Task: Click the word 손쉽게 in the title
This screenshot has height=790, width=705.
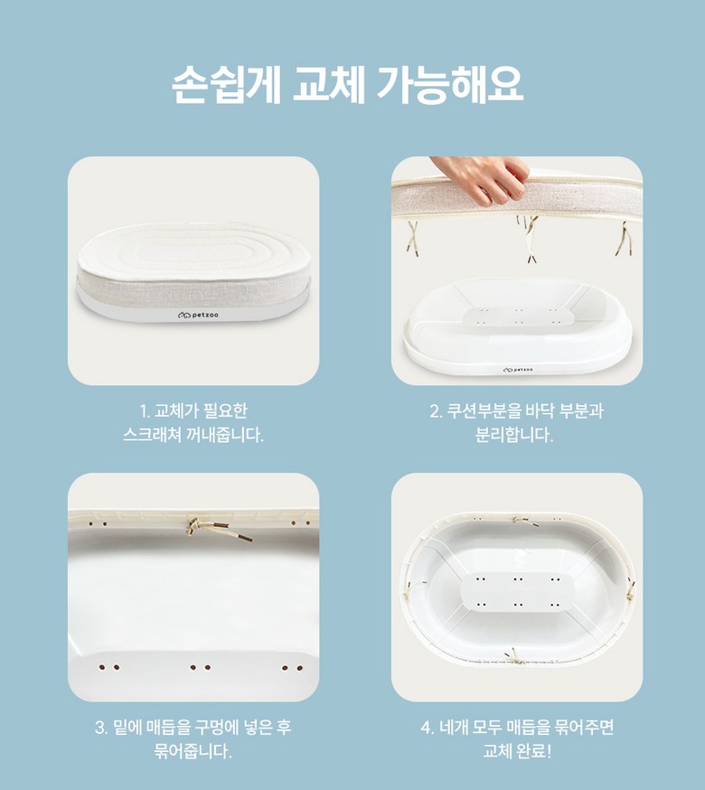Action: click(x=226, y=86)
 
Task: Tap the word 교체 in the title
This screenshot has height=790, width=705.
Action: click(x=329, y=86)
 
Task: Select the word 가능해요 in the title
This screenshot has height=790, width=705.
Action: click(x=450, y=86)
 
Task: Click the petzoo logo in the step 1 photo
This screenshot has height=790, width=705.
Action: click(x=198, y=315)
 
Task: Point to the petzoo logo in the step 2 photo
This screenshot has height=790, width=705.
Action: click(x=518, y=370)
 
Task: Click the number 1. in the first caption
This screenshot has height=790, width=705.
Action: click(x=146, y=411)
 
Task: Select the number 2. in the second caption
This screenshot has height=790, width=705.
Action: click(x=437, y=411)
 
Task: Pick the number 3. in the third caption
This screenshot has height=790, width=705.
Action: click(x=101, y=728)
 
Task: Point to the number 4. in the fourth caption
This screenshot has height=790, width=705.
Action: click(x=428, y=728)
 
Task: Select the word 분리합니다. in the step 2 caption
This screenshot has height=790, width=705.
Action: click(x=514, y=434)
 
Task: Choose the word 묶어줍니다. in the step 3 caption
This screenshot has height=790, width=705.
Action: click(x=193, y=751)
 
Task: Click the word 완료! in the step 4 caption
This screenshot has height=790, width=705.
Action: click(x=534, y=751)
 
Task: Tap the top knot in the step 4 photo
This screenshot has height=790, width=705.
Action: click(x=525, y=521)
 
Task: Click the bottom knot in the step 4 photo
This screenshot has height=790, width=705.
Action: click(x=515, y=656)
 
